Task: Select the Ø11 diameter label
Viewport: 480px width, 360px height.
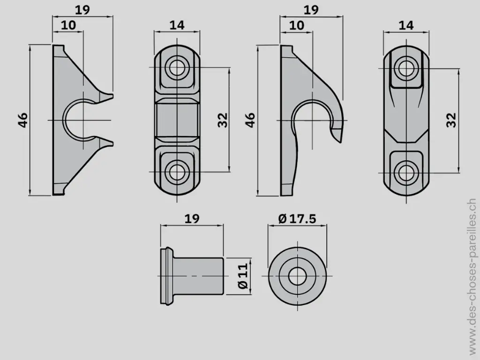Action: (x=242, y=277)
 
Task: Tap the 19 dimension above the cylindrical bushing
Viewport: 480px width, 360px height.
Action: (x=192, y=218)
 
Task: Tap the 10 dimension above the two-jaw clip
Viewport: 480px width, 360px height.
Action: (x=68, y=25)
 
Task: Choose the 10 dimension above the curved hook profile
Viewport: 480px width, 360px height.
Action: (x=296, y=25)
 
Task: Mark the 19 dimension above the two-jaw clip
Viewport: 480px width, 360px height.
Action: (x=82, y=10)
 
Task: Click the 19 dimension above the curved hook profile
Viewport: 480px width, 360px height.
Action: (x=311, y=10)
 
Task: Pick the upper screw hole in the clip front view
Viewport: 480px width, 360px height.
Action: (x=177, y=67)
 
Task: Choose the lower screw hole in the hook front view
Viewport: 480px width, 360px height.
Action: (x=405, y=172)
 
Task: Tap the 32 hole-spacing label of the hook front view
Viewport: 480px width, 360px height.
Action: (x=451, y=120)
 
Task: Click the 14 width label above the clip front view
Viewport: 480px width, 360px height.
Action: (x=177, y=25)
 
